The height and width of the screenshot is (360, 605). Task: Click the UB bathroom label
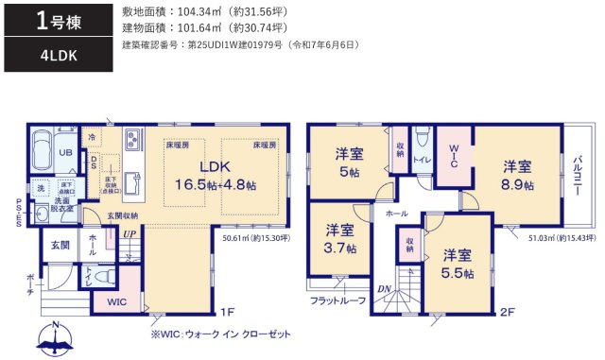(x=67, y=153)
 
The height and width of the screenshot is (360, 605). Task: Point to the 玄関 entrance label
(x=60, y=245)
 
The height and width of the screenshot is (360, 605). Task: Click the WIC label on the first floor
(x=115, y=301)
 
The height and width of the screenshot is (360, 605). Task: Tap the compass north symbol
(x=55, y=334)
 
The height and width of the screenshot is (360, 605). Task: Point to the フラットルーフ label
(x=337, y=300)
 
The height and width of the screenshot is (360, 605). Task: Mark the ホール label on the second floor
(x=396, y=214)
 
